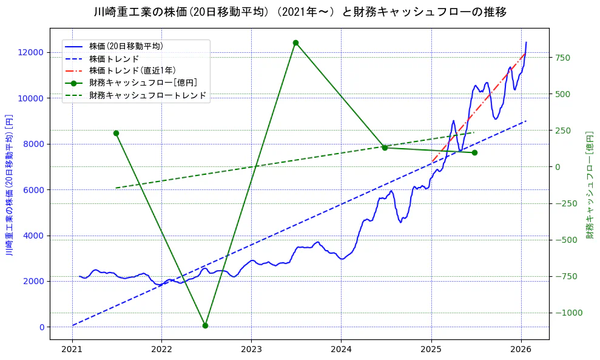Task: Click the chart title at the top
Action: click(x=300, y=12)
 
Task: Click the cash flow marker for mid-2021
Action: click(x=116, y=133)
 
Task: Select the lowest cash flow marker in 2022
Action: click(x=205, y=325)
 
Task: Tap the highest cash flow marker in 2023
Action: click(x=295, y=42)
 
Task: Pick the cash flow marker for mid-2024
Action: click(x=385, y=148)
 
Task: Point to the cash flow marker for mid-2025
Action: click(x=474, y=152)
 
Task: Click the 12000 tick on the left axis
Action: click(x=30, y=52)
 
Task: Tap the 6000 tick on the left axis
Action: click(x=33, y=189)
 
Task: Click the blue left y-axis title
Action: click(x=9, y=185)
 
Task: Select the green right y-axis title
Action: click(x=589, y=185)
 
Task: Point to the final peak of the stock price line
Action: click(x=526, y=42)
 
